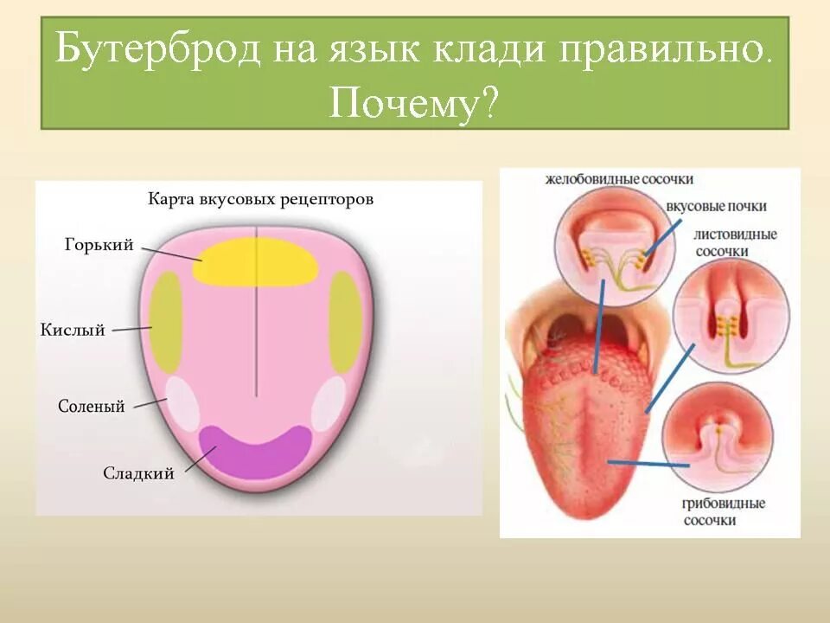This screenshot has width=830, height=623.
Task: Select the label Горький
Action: [x=99, y=245]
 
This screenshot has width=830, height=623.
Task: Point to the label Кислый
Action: [x=73, y=330]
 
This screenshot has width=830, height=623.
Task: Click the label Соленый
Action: [x=92, y=406]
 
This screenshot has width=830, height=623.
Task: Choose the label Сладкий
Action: [x=139, y=473]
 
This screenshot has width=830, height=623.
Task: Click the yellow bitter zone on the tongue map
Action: [x=255, y=260]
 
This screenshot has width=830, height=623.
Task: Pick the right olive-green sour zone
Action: [x=344, y=322]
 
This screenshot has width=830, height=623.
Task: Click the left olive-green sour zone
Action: [x=165, y=322]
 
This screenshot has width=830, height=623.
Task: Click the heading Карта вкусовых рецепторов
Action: [x=260, y=199]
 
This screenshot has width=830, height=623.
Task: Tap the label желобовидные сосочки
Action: [x=620, y=179]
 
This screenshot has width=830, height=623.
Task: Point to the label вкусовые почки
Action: [x=717, y=207]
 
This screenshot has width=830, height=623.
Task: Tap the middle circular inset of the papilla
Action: [x=731, y=317]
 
